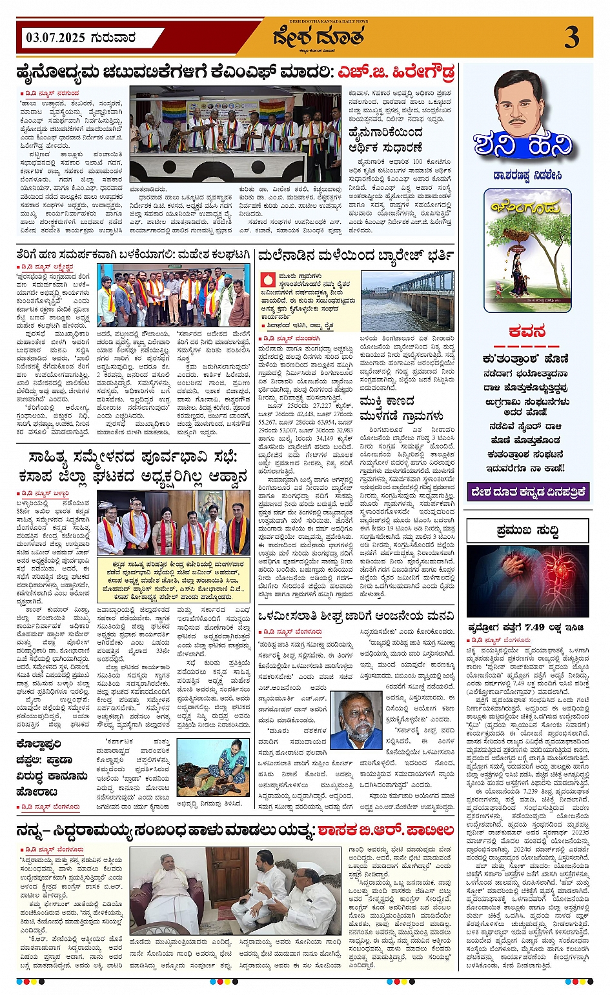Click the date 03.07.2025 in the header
click(x=56, y=37)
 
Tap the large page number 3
click(x=571, y=37)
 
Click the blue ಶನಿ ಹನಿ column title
click(x=523, y=145)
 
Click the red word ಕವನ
click(x=527, y=332)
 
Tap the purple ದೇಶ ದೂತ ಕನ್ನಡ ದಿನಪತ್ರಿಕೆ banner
click(x=528, y=492)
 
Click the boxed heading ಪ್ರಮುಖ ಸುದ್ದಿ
click(x=527, y=530)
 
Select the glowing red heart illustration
click(x=527, y=581)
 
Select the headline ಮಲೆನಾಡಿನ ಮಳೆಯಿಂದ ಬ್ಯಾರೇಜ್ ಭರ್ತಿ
click(x=355, y=256)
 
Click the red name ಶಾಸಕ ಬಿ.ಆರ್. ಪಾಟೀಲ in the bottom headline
click(x=385, y=830)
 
